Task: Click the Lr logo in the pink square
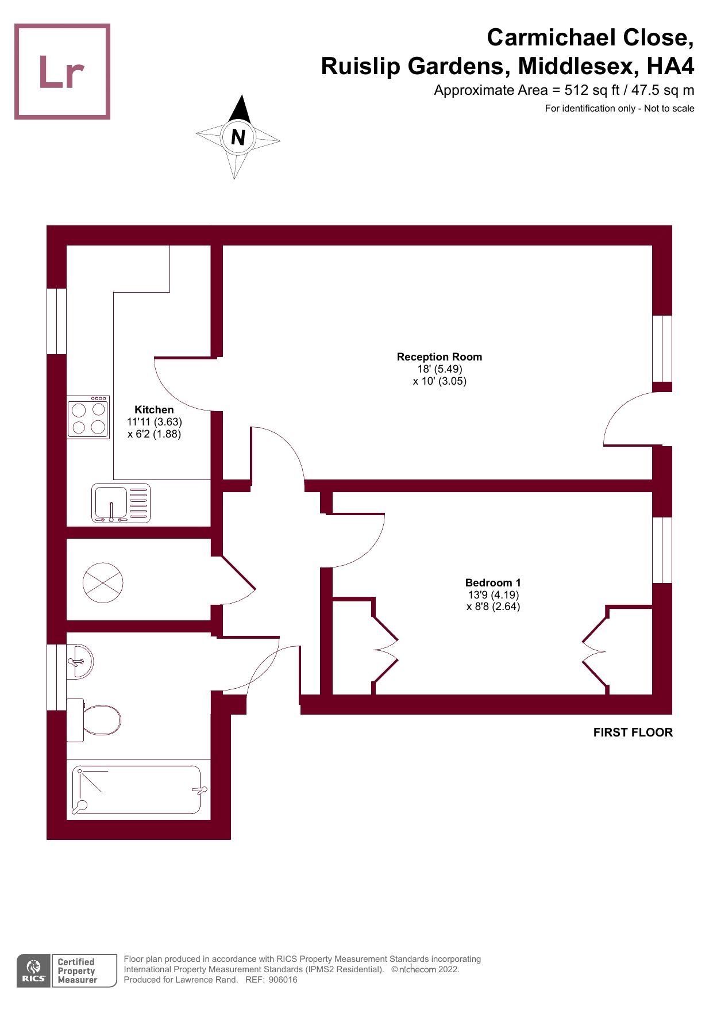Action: coord(61,72)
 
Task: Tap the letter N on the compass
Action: coord(238,137)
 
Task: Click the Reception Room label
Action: coord(439,357)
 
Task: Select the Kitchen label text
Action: coord(153,410)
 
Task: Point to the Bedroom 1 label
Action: coord(492,583)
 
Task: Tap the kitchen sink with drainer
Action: coord(121,504)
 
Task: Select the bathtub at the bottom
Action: coord(138,789)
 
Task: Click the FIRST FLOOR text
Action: coord(633,732)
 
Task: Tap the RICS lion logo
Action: coord(33,970)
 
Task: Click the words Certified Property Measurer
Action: coord(77,970)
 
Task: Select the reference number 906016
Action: coord(283,980)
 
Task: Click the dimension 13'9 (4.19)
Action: coord(493,595)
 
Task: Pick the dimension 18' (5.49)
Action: coord(440,369)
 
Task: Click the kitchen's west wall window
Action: coord(56,321)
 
